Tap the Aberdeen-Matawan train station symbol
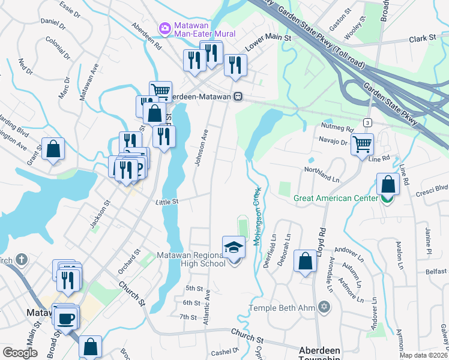[238, 96]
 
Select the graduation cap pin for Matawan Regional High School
[234, 248]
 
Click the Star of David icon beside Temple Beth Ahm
[325, 307]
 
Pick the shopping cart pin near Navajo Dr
[362, 144]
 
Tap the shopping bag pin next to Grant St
[53, 149]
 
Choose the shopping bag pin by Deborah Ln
[306, 261]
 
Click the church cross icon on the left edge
[21, 260]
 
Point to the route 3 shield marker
[367, 122]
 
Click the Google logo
[20, 353]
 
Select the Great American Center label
[336, 198]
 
